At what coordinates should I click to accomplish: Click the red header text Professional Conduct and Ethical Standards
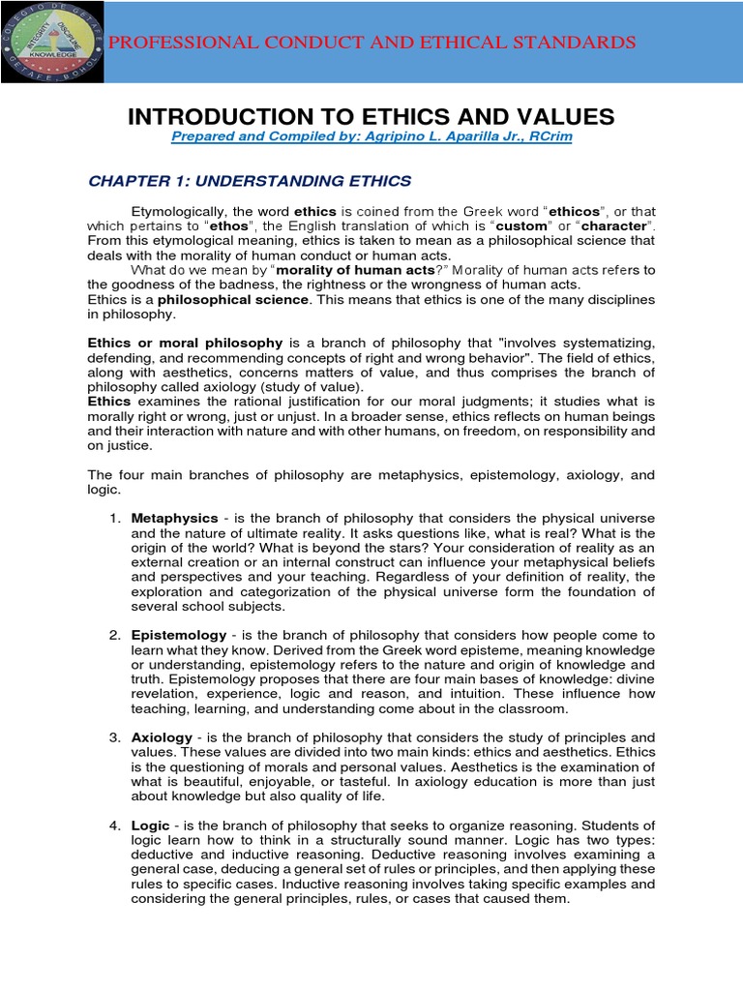(x=371, y=43)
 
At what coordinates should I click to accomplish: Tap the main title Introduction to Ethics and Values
(x=371, y=117)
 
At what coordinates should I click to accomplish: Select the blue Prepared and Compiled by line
(x=371, y=138)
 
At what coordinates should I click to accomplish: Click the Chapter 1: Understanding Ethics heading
(x=250, y=181)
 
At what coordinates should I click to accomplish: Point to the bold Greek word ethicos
(x=575, y=211)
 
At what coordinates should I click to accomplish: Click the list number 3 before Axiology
(x=114, y=737)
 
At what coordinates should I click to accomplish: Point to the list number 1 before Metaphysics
(x=114, y=519)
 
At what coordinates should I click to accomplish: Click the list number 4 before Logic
(x=114, y=825)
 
